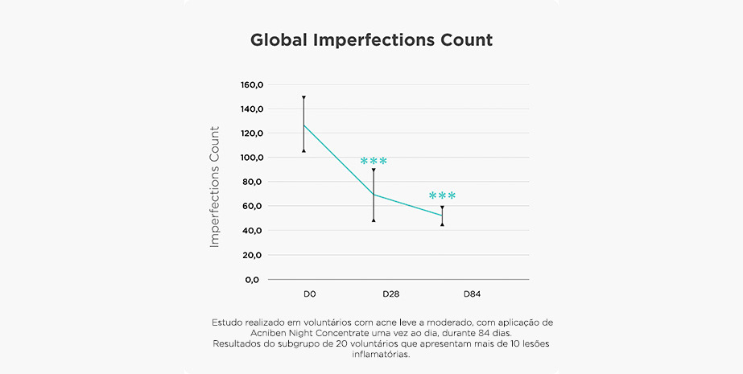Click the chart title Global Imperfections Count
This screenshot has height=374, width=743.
point(371,39)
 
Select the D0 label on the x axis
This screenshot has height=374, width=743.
point(309,294)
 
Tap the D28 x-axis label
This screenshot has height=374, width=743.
point(390,294)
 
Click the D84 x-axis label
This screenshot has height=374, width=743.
point(473,294)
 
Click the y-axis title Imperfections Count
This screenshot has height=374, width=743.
point(215,186)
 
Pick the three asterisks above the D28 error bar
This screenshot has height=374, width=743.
point(374,162)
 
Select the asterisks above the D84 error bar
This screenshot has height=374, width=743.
point(442,196)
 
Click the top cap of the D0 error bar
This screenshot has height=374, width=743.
point(303,97)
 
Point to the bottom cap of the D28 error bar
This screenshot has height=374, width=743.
point(374,220)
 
